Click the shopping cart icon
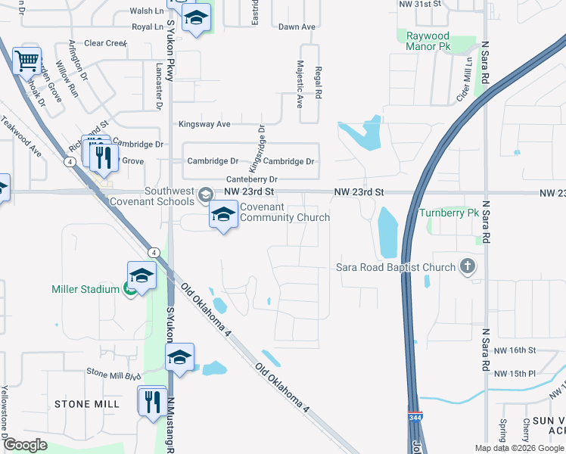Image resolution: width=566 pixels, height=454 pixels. pyautogui.click(x=27, y=61)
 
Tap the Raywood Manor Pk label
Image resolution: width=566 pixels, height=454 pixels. pyautogui.click(x=428, y=41)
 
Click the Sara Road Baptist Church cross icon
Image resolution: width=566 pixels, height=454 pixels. pyautogui.click(x=468, y=266)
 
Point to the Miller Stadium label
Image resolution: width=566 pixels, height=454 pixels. pyautogui.click(x=85, y=289)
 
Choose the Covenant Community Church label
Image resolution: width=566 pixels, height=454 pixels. pyautogui.click(x=285, y=213)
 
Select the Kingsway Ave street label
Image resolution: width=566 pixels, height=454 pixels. pyautogui.click(x=204, y=124)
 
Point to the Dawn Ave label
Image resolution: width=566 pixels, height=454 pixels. pyautogui.click(x=297, y=27)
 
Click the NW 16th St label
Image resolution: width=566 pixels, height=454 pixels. pyautogui.click(x=514, y=350)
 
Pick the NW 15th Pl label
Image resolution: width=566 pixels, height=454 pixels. pyautogui.click(x=515, y=374)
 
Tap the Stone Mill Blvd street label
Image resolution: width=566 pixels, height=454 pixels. pyautogui.click(x=114, y=374)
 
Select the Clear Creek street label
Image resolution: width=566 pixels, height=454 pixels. pyautogui.click(x=106, y=44)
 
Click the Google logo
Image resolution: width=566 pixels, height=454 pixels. pyautogui.click(x=25, y=445)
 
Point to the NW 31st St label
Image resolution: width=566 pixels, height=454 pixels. pyautogui.click(x=419, y=4)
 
